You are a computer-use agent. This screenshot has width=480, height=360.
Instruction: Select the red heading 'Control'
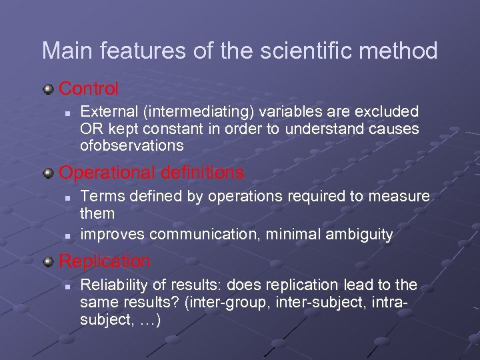pos(89,88)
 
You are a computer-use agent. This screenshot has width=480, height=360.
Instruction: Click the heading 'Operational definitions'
pos(152,173)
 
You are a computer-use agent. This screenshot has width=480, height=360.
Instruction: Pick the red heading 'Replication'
pos(105,261)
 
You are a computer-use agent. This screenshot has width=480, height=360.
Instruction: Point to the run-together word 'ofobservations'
pos(131,145)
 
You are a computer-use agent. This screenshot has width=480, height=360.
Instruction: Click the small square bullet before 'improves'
pos(68,235)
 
